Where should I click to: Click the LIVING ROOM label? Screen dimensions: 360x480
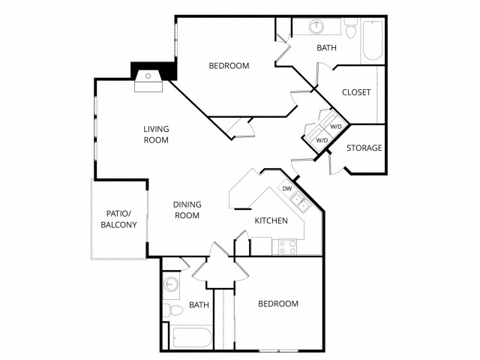coord(156,134)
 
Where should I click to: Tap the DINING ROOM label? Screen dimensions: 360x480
coord(187,209)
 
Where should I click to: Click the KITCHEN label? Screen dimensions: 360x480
coord(271,220)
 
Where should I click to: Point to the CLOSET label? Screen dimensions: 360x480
coord(356,92)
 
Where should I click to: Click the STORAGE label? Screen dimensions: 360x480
coord(364,148)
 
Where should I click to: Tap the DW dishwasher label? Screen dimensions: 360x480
coord(286,188)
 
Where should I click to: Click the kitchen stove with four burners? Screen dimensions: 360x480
coord(287,246)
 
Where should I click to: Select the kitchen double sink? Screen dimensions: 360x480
coord(298,199)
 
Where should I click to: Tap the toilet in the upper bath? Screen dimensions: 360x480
coord(351,28)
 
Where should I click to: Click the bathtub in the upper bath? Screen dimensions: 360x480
coord(373,42)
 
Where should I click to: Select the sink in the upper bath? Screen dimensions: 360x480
coord(316,28)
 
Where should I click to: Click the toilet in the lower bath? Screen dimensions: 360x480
coord(173,309)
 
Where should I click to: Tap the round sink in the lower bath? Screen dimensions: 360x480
coord(172,284)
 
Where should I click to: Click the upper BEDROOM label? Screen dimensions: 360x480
coord(229,66)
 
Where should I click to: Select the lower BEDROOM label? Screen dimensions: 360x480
coord(278,304)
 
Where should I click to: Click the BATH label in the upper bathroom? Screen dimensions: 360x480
coord(326,48)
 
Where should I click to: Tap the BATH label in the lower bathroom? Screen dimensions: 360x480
coord(199,304)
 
